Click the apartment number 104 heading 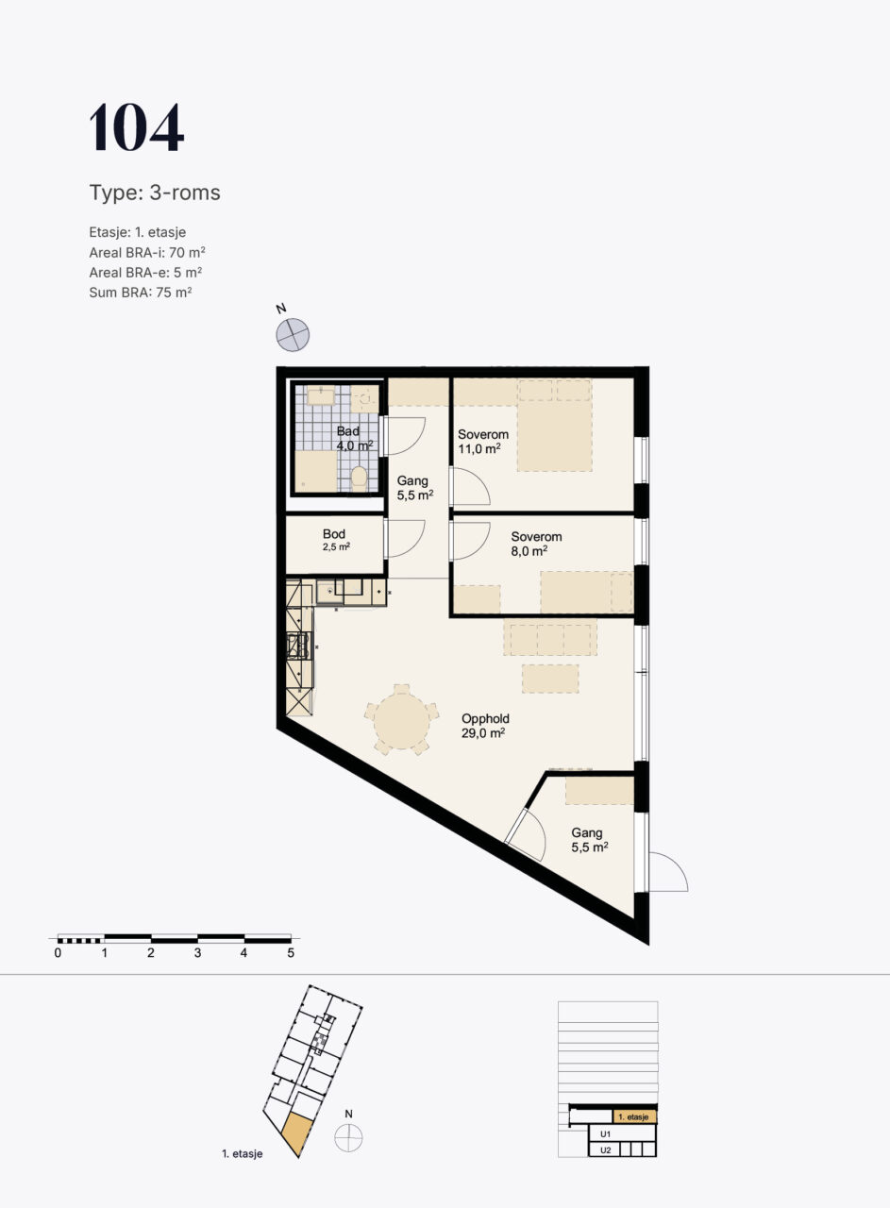(137, 127)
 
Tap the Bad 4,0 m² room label (354, 439)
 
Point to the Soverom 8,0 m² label (536, 544)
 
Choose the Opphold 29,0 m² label (485, 726)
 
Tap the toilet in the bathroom (359, 478)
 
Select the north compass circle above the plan (293, 335)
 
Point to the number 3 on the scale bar (197, 953)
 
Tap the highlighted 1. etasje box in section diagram (634, 1116)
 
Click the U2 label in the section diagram (605, 1149)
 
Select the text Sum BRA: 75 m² (141, 293)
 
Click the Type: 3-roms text (155, 193)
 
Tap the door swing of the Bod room (406, 539)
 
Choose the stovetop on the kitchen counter (299, 646)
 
